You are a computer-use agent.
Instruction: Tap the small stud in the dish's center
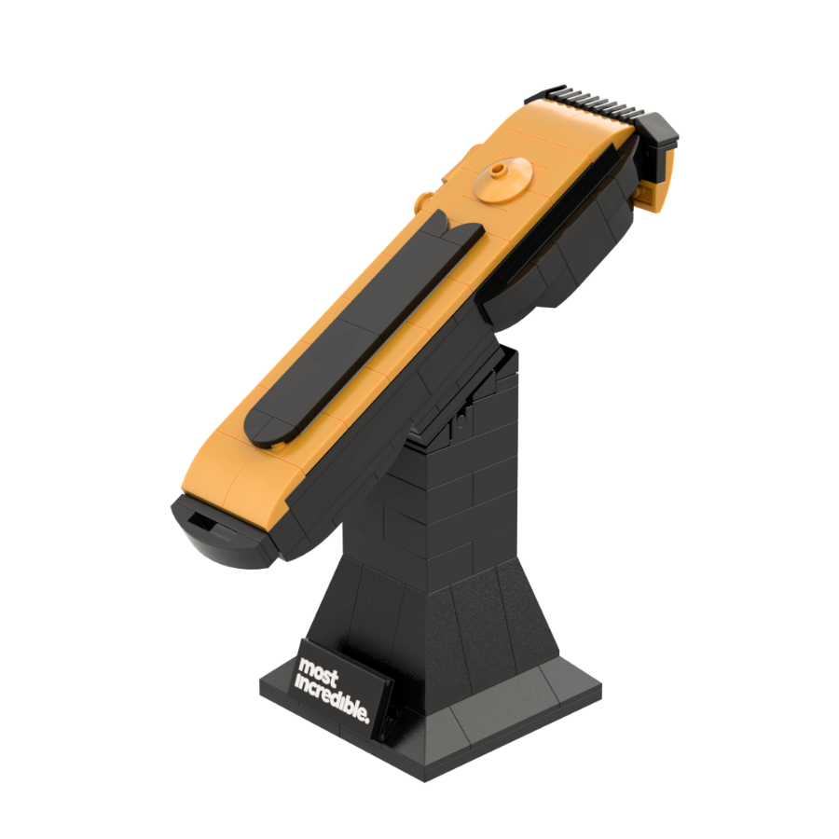point(500,171)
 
